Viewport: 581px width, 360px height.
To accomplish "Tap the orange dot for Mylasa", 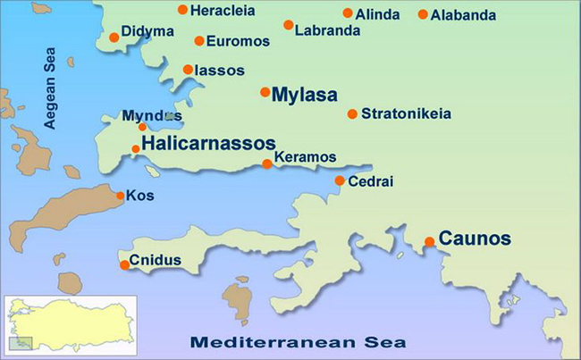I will tap(265, 92).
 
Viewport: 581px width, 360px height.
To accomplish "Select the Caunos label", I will tap(475, 239).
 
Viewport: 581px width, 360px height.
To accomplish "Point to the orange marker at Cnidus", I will tap(124, 264).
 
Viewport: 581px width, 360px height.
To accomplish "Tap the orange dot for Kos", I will tap(121, 196).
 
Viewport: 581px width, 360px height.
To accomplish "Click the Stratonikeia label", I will tap(406, 113).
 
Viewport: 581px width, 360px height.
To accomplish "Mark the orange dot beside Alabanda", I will tap(423, 15).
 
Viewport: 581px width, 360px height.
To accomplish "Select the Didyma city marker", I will tap(114, 37).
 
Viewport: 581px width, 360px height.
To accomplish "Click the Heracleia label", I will tap(223, 11).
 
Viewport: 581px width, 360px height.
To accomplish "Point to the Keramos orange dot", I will tap(266, 163).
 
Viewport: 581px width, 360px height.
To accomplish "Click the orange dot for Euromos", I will tap(198, 41).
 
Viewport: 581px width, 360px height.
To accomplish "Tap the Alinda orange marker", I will tap(348, 13).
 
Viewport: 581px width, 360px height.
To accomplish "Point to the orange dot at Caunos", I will tap(430, 241).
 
